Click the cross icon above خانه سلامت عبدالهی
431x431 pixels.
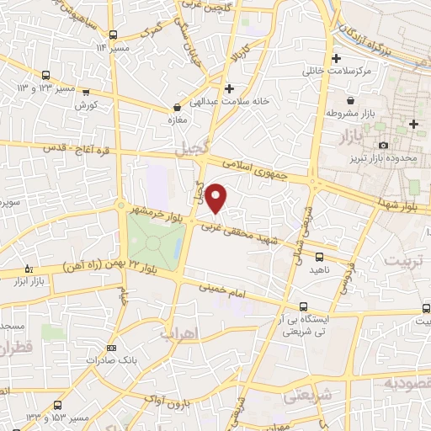[229, 88]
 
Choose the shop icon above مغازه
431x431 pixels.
[177, 108]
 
